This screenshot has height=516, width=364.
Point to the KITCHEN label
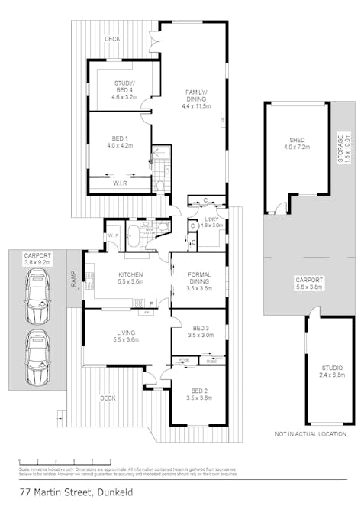(126, 277)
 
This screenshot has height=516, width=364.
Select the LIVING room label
(126, 333)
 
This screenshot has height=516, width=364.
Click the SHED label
(297, 141)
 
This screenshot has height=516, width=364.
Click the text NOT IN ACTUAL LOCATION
(310, 434)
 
